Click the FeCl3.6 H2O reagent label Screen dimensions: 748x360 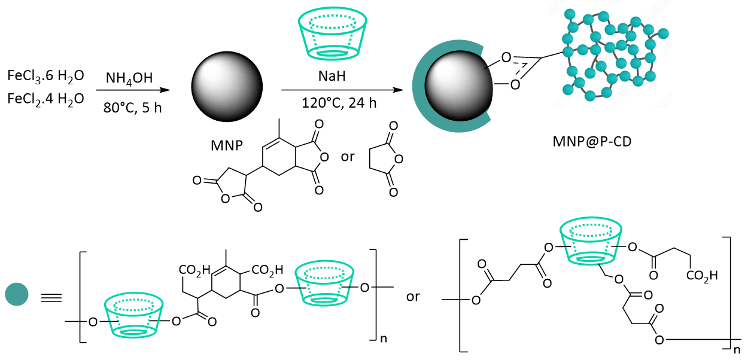45,76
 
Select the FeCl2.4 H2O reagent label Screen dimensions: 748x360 45,99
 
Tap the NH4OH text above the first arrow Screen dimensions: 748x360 129,79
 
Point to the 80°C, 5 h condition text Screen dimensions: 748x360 133,108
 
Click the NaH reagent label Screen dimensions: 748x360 332,76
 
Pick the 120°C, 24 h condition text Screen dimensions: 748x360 339,103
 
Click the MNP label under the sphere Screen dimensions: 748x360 227,145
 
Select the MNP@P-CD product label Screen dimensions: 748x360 592,142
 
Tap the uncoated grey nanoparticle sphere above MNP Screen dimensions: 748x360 227,87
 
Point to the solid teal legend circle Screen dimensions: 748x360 17,294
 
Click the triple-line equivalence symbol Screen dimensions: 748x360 51,298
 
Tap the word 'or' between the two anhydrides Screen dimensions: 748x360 348,157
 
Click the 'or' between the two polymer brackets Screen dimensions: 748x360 413,297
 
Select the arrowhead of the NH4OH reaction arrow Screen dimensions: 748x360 165,90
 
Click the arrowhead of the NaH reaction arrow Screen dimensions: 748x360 398,90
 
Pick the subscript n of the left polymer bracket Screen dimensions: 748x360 384,339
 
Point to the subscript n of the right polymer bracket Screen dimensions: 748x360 736,349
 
